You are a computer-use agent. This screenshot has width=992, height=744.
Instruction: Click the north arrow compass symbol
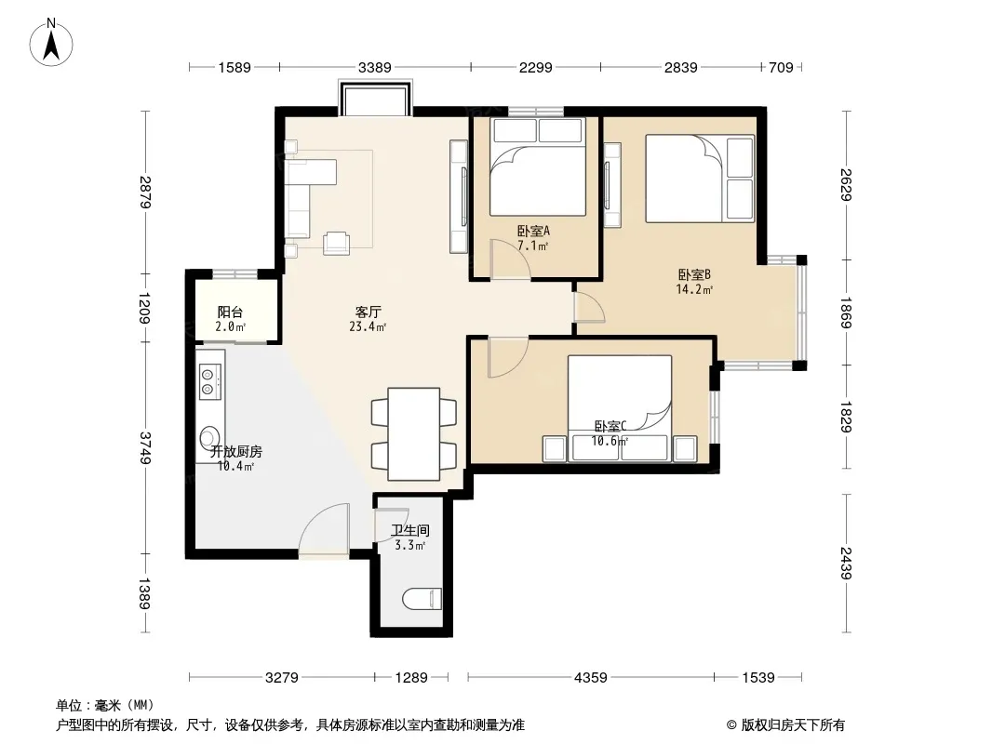[51, 42]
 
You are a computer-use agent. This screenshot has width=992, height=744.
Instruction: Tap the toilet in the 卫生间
[422, 599]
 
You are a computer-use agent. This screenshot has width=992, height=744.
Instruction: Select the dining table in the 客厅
[414, 434]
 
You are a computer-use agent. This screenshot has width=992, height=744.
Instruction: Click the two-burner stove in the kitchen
[208, 381]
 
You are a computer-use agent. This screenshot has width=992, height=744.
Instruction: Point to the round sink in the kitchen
[208, 437]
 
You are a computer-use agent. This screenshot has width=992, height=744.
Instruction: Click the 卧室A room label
[533, 231]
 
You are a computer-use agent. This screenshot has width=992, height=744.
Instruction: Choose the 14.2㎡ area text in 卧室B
[694, 289]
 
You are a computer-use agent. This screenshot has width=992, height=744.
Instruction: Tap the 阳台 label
[230, 312]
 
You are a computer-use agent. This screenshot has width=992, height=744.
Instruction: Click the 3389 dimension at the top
[374, 67]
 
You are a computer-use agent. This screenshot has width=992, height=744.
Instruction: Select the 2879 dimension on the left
[145, 192]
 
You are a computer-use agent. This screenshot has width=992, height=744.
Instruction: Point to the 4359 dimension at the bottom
[590, 678]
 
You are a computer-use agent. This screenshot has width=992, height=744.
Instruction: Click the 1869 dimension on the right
[847, 312]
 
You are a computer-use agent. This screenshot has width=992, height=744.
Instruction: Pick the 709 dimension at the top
[781, 67]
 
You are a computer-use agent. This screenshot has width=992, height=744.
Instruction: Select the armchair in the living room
[337, 244]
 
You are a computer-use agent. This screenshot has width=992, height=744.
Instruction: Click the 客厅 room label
[368, 312]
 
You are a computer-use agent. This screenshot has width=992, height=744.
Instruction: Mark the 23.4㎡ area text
[368, 326]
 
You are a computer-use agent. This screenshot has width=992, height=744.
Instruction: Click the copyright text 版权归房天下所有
[793, 725]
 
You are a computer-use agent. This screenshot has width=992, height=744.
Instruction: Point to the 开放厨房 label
[236, 451]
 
